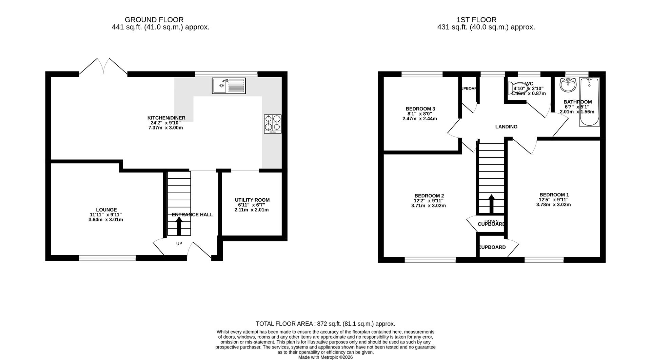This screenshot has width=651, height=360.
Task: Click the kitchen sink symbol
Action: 229,85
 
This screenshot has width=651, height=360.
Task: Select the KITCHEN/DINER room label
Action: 166,118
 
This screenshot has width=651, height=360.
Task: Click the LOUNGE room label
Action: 106,210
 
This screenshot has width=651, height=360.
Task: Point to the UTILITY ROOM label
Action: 252,200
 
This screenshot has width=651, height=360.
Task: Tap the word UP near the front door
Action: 179,243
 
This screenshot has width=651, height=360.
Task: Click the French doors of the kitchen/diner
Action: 103,67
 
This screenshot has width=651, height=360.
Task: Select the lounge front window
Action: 107,258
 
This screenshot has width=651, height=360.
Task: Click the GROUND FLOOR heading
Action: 154,20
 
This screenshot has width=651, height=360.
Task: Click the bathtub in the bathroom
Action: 589,102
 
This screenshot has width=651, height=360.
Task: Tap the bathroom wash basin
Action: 568,85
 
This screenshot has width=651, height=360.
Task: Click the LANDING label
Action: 506,127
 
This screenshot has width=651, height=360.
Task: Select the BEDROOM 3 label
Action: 420,109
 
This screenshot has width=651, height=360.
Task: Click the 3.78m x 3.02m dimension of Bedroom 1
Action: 553,204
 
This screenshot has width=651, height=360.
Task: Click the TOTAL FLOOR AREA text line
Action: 325,324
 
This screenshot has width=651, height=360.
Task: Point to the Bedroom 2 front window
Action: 430,260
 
